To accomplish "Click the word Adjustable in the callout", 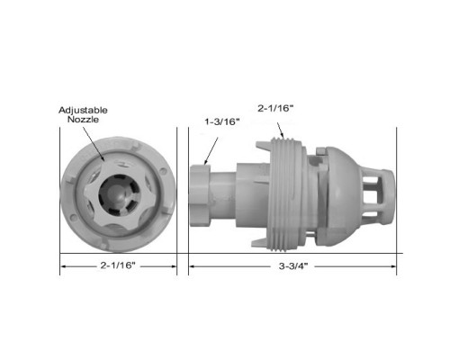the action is pos(83,110).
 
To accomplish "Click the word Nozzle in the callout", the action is pos(83,119).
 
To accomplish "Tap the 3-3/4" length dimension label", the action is pos(293,265).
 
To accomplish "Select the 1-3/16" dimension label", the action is pos(222,121).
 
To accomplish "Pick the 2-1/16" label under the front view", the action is pos(118,265).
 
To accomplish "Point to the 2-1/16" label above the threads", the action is pos(275,108).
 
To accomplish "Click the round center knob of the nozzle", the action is pos(118,194).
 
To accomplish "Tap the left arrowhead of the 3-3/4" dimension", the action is pos(192,266).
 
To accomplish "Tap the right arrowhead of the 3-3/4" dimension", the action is pos(393,266).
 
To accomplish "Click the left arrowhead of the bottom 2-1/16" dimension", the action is pos(64,266).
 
